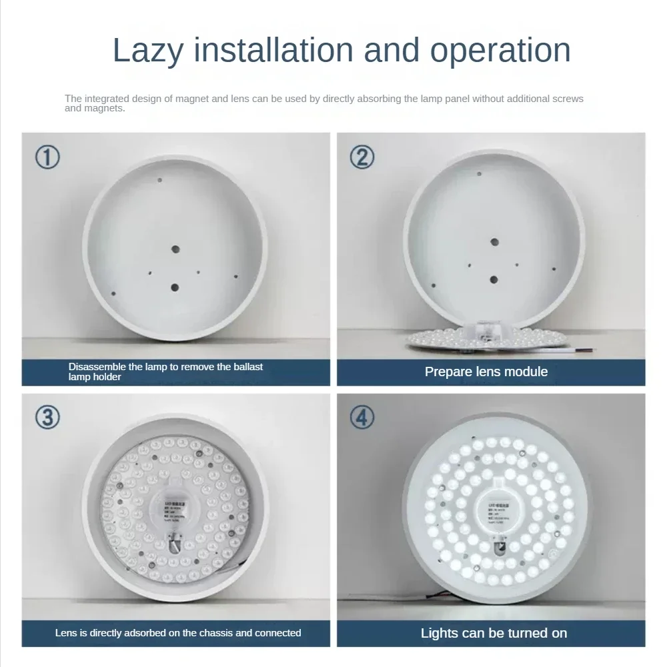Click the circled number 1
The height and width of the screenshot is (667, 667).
(47, 157)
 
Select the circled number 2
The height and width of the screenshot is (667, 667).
(362, 157)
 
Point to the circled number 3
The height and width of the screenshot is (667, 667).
(47, 418)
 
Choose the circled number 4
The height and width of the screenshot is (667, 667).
(362, 418)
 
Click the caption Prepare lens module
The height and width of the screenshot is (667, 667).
(486, 372)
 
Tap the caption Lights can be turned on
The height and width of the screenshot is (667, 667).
(494, 633)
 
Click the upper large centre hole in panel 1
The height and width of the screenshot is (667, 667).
(175, 249)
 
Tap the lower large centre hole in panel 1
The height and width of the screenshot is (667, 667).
(175, 287)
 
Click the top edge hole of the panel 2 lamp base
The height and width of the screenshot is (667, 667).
(478, 174)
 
